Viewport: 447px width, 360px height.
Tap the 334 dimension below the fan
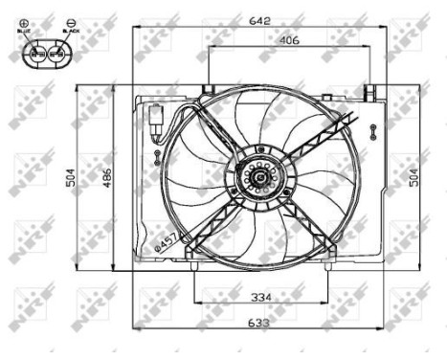pyautogui.click(x=260, y=297)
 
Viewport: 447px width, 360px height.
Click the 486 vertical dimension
pyautogui.click(x=107, y=178)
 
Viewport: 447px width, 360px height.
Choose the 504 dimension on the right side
pyautogui.click(x=413, y=178)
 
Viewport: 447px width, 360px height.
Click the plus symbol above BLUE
pyautogui.click(x=24, y=21)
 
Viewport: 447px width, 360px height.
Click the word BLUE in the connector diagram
pyautogui.click(x=25, y=32)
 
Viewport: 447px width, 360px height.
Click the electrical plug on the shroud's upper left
pyautogui.click(x=157, y=124)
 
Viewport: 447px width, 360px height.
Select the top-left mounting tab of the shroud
pyautogui.click(x=205, y=91)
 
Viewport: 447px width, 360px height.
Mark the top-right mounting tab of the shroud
pyautogui.click(x=368, y=92)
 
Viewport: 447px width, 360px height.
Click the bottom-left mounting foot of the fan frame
pyautogui.click(x=194, y=258)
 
